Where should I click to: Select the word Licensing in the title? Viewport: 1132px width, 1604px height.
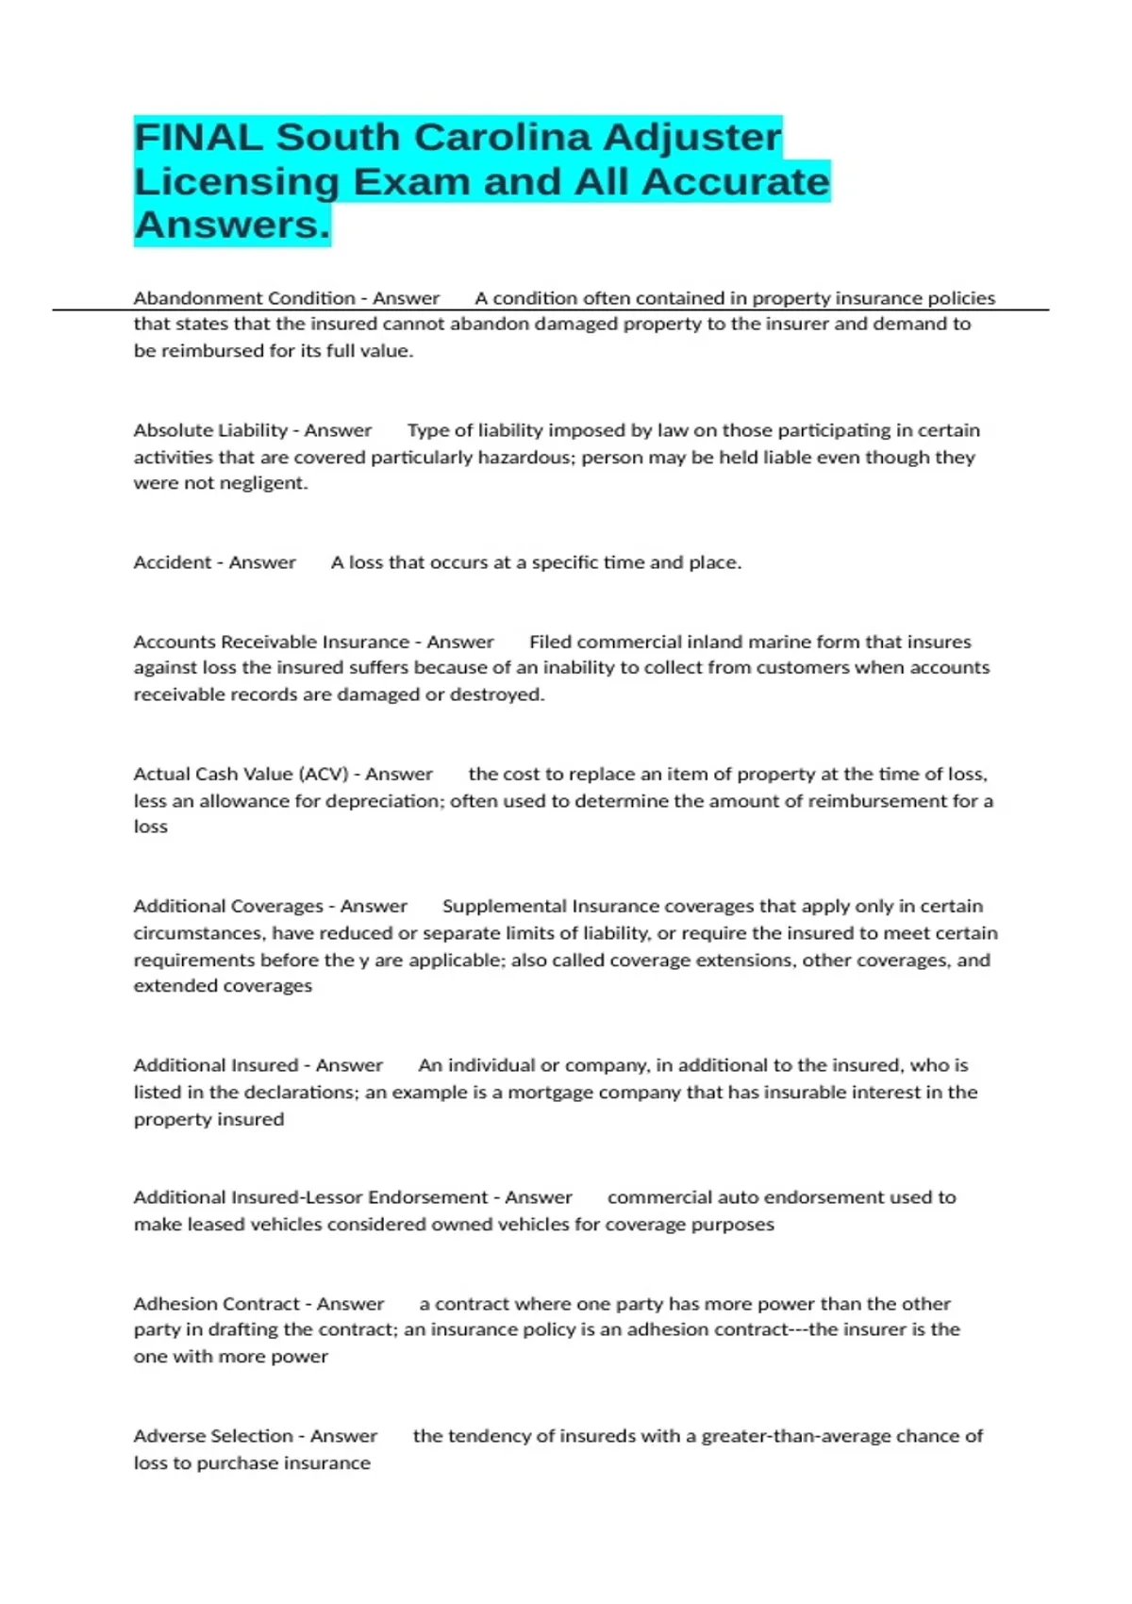click(237, 181)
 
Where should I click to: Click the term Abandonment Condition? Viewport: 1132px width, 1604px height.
click(243, 298)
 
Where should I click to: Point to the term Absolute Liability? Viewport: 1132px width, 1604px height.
click(210, 430)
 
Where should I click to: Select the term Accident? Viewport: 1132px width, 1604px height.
click(173, 562)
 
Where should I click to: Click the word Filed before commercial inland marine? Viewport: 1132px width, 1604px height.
click(550, 642)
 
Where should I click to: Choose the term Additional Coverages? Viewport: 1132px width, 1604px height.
click(227, 906)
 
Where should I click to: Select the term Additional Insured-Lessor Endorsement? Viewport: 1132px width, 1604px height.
click(310, 1197)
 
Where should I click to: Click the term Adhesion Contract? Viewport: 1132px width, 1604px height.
click(216, 1304)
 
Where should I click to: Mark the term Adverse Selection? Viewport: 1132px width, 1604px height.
click(213, 1436)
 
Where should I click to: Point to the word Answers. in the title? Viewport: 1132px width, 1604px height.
click(232, 225)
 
